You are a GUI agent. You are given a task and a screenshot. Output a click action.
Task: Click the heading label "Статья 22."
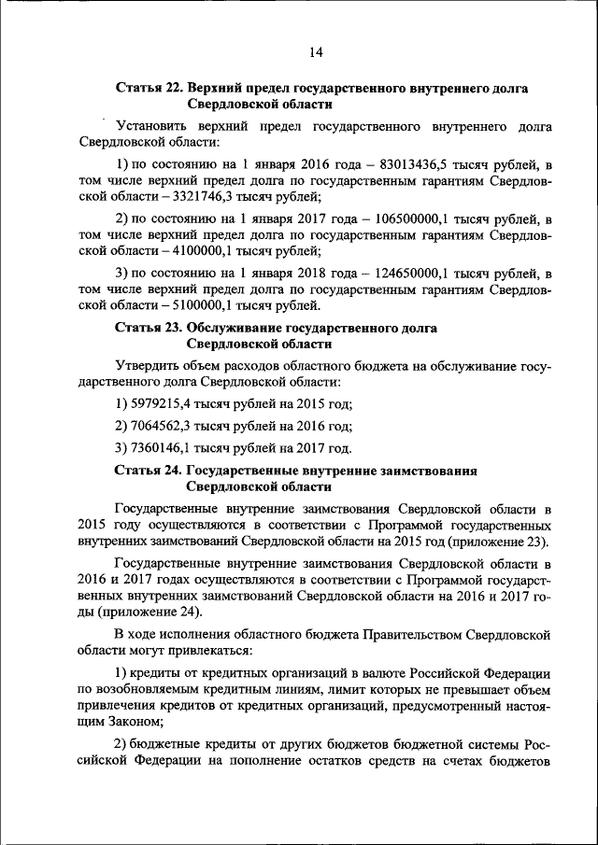pos(149,88)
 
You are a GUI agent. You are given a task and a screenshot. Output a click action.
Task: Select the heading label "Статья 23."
pos(149,329)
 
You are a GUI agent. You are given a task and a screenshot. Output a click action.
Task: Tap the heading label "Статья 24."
pos(149,471)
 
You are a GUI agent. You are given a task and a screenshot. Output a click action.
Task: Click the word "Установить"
pos(154,125)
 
